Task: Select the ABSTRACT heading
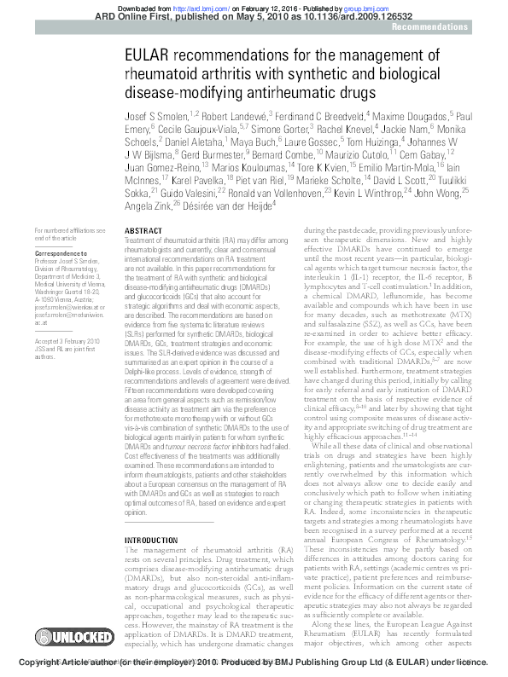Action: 143,231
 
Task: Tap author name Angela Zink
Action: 149,205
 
